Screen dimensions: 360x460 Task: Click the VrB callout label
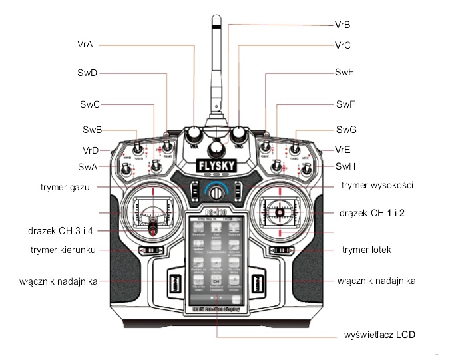(x=343, y=25)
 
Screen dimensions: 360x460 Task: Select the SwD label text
(x=89, y=72)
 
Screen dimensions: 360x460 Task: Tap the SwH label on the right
(x=345, y=166)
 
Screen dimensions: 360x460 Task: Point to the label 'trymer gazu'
(x=65, y=187)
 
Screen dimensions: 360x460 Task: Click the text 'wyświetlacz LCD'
(x=380, y=334)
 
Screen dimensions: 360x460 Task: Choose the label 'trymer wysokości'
(x=377, y=184)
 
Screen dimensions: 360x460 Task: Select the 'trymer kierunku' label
(x=65, y=250)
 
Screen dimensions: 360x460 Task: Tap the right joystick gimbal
(x=279, y=214)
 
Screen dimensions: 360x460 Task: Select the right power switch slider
(x=258, y=282)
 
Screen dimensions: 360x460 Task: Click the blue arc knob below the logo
(x=215, y=191)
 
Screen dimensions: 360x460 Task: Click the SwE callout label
(x=345, y=71)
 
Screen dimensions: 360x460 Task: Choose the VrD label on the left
(x=91, y=150)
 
